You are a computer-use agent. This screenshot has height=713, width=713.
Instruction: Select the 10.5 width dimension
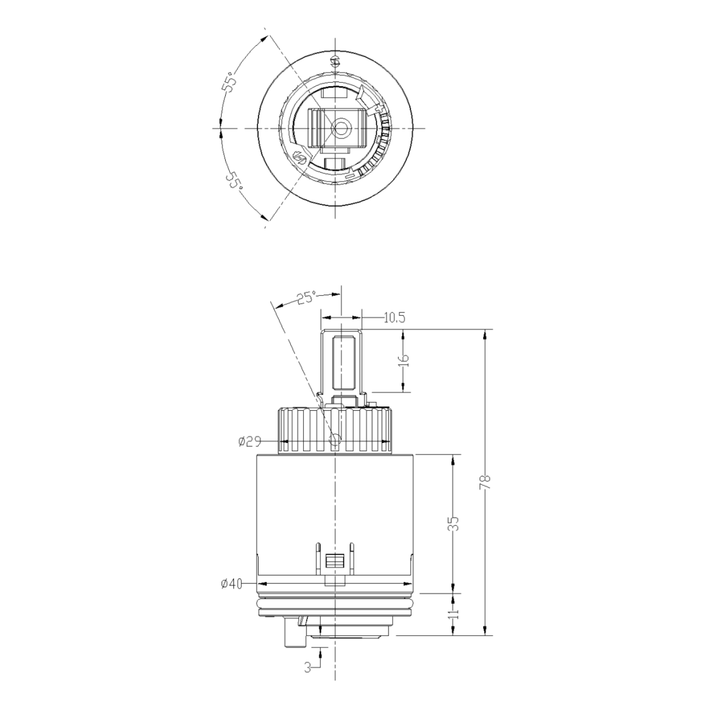[x=394, y=317]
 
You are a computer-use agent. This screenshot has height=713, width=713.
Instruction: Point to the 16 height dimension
[x=405, y=360]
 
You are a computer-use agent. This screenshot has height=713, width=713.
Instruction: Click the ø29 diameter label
[x=250, y=441]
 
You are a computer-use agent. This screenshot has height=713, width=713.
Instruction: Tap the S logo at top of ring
[x=335, y=62]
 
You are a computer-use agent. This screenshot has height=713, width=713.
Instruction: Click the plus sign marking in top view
[x=378, y=109]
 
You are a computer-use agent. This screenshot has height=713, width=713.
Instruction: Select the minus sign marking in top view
[x=349, y=177]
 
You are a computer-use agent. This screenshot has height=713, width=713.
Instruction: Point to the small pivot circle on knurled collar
[x=335, y=439]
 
